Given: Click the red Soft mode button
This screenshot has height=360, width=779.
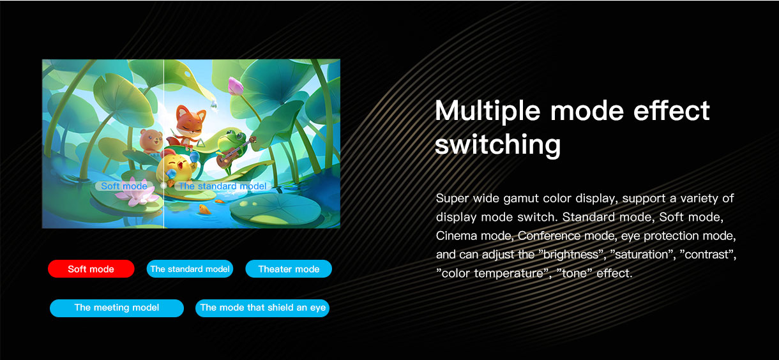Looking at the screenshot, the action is coord(91,269).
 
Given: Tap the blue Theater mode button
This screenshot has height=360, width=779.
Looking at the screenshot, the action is coord(289,269).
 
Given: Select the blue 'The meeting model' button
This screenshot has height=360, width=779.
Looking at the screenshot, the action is coord(117,308).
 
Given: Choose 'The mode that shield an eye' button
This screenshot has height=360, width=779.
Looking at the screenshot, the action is coord(262,308).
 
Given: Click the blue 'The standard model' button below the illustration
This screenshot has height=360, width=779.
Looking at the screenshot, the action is coord(190,269).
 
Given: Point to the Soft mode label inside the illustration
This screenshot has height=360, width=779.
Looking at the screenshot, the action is coord(124,186).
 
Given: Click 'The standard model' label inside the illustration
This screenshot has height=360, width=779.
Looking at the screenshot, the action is coord(223,186).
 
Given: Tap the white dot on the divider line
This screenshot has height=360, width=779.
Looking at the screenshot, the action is coord(163,186).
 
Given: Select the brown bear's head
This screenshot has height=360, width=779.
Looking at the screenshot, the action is coord(151,138).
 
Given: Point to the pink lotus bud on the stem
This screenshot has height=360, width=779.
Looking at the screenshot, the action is coord(236,86).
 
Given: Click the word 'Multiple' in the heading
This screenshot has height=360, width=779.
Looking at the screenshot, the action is coord(488,111).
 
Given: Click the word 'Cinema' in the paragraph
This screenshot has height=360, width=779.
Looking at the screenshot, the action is coord(457,236).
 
